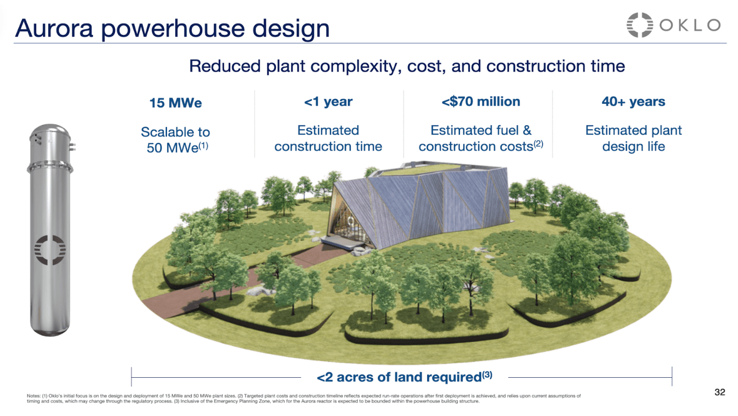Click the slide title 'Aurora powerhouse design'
pyautogui.click(x=172, y=28)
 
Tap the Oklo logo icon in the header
pyautogui.click(x=640, y=25)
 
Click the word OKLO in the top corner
pyautogui.click(x=690, y=25)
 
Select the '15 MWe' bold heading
pyautogui.click(x=175, y=103)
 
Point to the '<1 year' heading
pyautogui.click(x=328, y=102)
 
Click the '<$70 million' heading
pyautogui.click(x=481, y=102)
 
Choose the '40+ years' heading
pyautogui.click(x=633, y=102)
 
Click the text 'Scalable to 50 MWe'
pyautogui.click(x=175, y=140)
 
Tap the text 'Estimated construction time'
pyautogui.click(x=328, y=139)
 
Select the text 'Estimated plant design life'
pyautogui.click(x=633, y=139)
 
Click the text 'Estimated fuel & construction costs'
pyautogui.click(x=481, y=139)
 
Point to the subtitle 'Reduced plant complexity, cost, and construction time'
pyautogui.click(x=407, y=66)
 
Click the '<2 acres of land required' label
pyautogui.click(x=404, y=377)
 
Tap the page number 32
pyautogui.click(x=719, y=393)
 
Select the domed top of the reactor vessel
pyautogui.click(x=50, y=136)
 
